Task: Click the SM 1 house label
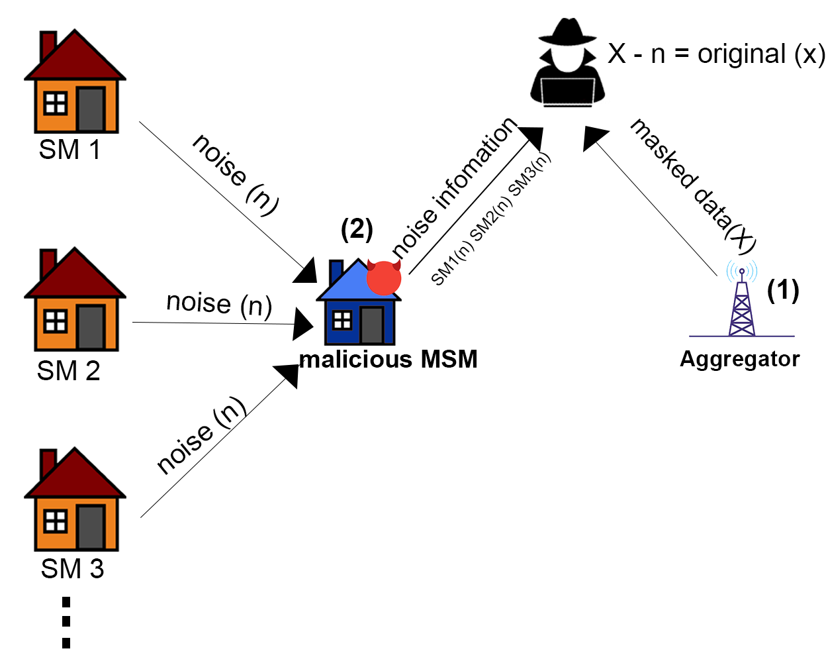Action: click(69, 150)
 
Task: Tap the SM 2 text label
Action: click(69, 371)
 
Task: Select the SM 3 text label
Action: click(72, 569)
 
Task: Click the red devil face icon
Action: click(384, 278)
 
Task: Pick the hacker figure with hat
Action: click(567, 63)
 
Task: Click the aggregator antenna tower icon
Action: click(742, 301)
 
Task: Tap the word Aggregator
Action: click(739, 359)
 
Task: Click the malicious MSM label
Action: click(389, 360)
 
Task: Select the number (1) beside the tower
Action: click(783, 290)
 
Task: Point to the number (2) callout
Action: click(357, 229)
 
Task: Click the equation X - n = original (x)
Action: click(716, 54)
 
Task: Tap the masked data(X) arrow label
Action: click(692, 185)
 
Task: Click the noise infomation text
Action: click(454, 187)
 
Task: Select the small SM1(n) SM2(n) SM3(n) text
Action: click(490, 219)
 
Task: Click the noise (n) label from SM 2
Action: click(219, 304)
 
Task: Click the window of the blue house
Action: click(342, 321)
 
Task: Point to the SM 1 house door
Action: click(91, 109)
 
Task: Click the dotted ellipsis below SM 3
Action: click(66, 622)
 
